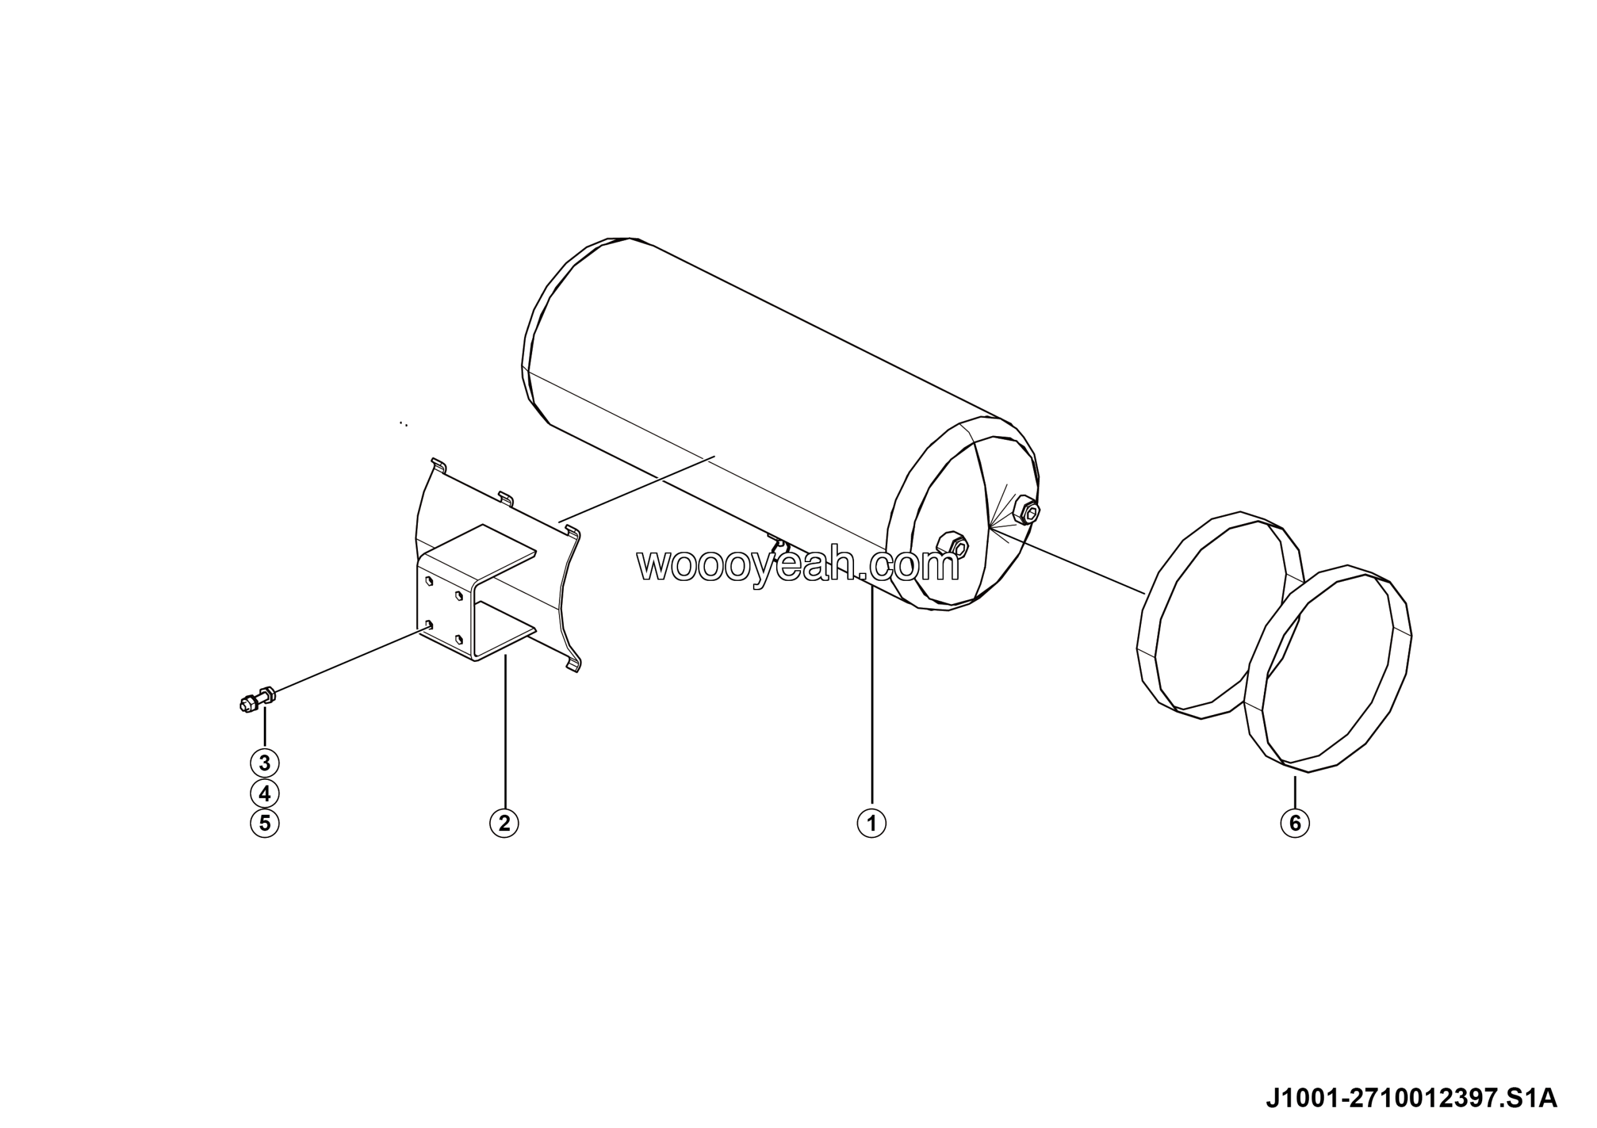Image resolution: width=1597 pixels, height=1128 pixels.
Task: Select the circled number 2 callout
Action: [504, 824]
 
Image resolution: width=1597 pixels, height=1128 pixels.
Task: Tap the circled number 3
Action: [265, 763]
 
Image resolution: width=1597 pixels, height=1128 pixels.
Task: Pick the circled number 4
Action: [265, 794]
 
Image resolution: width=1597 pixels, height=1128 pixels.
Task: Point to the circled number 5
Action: [265, 824]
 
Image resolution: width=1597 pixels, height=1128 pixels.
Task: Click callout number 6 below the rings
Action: [1294, 824]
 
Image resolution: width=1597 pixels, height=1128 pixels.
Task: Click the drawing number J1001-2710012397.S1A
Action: [1410, 1098]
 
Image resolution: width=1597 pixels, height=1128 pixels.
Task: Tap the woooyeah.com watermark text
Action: [798, 566]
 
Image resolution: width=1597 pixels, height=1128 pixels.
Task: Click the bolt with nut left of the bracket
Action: [256, 698]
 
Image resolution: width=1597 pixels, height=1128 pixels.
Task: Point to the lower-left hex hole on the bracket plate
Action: [429, 624]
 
